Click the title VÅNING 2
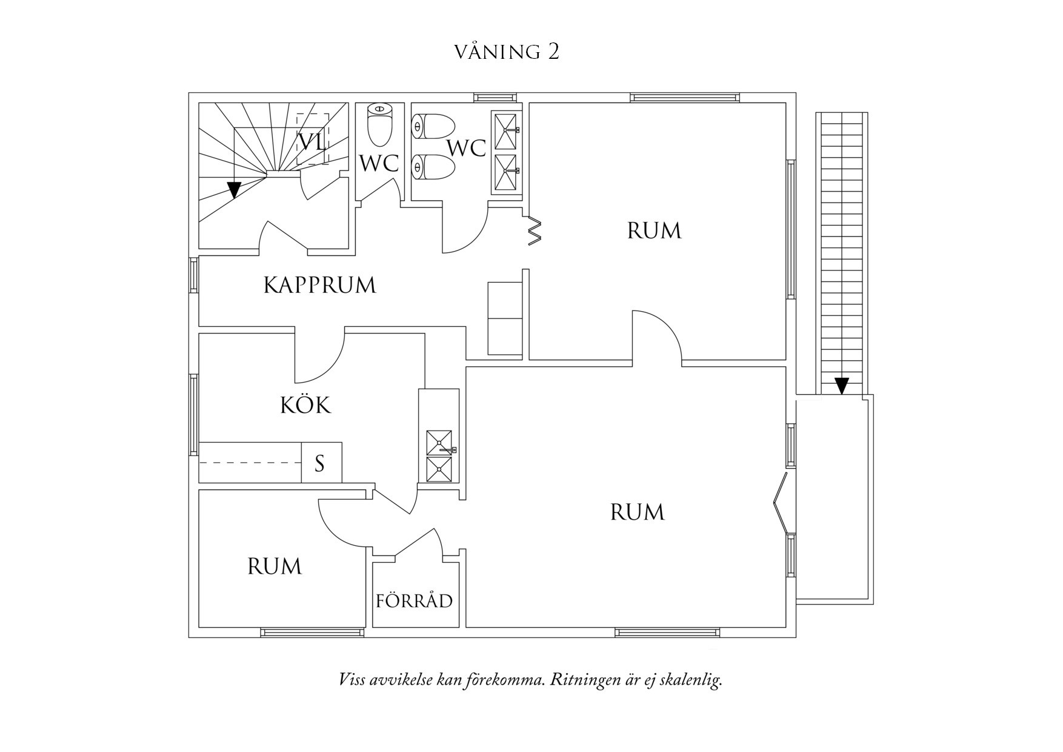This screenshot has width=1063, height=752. coord(507,52)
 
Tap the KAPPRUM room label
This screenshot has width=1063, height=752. coord(319,285)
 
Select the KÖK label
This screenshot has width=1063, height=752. coord(305,405)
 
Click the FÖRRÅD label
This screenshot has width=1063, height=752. coord(414,601)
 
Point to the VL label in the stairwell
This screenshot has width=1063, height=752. coord(312,143)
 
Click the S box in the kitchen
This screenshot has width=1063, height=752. coord(320,463)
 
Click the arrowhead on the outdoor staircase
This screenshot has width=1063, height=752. coord(841,386)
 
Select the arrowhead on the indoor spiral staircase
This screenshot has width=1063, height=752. coord(234,190)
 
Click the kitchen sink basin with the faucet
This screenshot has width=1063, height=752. coord(439,443)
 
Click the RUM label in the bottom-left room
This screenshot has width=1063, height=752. coord(275,566)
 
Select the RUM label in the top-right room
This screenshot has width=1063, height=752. coord(654,231)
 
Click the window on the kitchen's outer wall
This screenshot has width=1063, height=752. coord(194,414)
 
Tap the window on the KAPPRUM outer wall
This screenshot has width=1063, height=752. coord(194,275)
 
